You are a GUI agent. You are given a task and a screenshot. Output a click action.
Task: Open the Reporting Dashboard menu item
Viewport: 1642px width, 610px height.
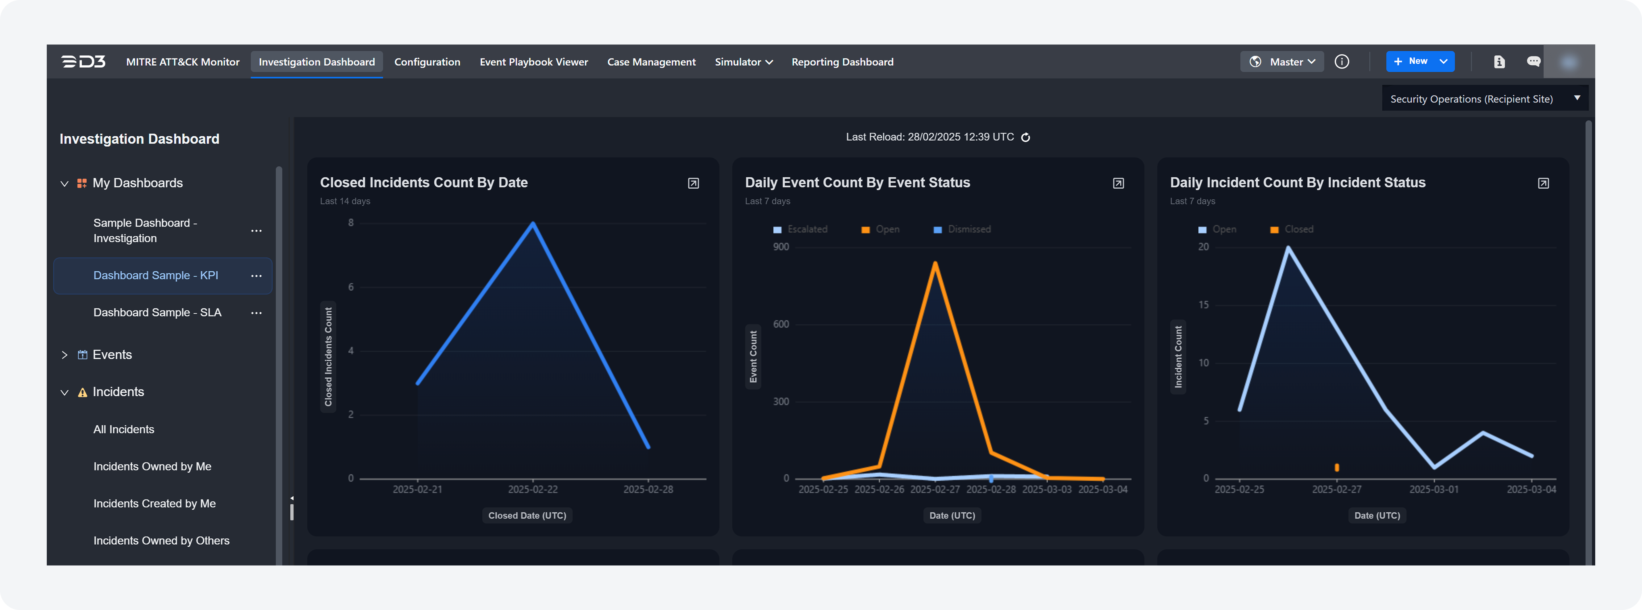click(842, 62)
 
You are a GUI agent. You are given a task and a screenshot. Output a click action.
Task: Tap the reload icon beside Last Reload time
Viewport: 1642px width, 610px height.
click(1025, 137)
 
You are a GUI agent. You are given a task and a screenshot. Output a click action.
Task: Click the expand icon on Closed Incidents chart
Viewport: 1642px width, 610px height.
click(694, 183)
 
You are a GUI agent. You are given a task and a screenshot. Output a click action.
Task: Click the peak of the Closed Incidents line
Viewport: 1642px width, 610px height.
click(533, 223)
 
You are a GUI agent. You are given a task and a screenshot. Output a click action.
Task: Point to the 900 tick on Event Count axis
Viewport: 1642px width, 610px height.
click(781, 247)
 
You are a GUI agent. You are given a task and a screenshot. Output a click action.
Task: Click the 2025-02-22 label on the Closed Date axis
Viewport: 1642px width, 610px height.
click(533, 489)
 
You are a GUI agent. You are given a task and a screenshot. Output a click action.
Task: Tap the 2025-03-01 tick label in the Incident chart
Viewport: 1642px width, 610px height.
click(1434, 489)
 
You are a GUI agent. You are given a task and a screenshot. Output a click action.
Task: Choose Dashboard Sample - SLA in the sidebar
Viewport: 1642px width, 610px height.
click(157, 312)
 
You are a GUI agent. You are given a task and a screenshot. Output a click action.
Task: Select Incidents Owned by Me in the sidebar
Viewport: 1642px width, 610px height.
click(152, 466)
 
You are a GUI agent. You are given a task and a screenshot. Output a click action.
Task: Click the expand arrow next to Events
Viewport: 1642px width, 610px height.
click(65, 355)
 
